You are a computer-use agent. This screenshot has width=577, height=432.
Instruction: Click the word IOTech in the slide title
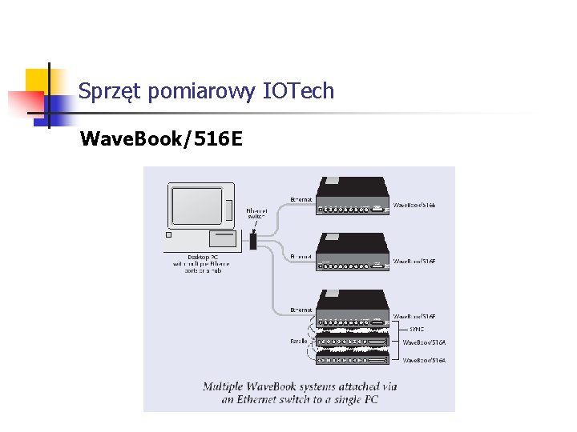tap(298, 91)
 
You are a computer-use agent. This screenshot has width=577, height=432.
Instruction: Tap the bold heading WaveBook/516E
tap(161, 140)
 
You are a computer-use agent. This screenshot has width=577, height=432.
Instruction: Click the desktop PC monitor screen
tap(199, 204)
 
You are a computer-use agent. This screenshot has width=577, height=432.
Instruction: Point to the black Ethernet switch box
tap(253, 241)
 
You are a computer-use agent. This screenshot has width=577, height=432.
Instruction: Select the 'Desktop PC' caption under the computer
tap(201, 264)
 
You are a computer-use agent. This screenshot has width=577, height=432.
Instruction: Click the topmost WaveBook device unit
tap(351, 202)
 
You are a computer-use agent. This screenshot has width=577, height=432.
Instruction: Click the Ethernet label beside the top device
tap(301, 199)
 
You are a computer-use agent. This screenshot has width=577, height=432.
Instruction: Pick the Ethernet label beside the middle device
tap(301, 257)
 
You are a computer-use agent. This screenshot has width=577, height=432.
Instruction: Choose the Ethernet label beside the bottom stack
tap(301, 309)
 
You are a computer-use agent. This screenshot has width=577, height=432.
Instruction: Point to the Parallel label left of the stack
tap(300, 341)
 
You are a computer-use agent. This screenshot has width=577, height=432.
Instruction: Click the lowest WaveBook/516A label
tap(424, 361)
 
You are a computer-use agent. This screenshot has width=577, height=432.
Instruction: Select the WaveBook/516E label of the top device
tap(414, 206)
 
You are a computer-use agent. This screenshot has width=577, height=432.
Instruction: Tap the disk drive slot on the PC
tap(222, 238)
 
